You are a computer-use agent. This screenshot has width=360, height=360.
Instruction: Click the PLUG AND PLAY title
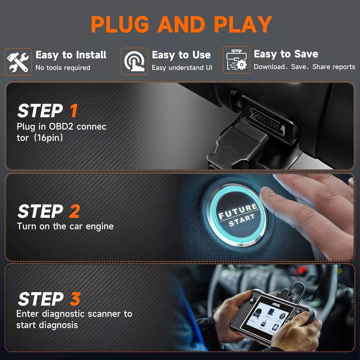coord(181,24)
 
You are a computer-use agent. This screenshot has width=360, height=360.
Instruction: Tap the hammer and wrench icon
coord(18,62)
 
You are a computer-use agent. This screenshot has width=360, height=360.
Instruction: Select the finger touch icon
coord(134,62)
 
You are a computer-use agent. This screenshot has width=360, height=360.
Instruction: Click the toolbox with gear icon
coord(236,60)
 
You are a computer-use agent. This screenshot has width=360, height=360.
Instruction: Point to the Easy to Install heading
coord(71,55)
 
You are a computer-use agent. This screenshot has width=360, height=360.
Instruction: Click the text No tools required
coord(63,67)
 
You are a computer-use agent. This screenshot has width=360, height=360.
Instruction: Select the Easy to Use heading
coord(181,55)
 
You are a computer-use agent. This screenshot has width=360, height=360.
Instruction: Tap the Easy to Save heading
coord(286,54)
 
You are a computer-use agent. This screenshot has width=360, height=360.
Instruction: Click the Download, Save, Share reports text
coord(304,67)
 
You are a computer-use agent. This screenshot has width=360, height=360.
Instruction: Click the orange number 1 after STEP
coord(73,111)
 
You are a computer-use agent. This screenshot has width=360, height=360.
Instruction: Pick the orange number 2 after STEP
coord(74,212)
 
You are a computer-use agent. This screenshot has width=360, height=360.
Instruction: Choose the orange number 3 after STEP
coord(75,299)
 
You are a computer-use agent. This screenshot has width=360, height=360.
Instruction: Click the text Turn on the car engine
coord(65,226)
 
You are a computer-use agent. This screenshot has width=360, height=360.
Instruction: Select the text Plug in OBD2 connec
coord(62,126)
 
